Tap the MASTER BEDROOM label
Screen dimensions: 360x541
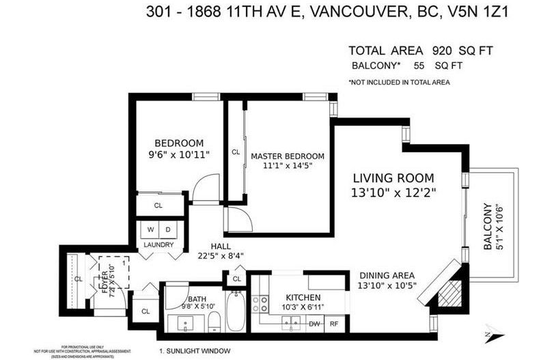tap(287, 156)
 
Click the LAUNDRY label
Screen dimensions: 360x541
tap(158, 245)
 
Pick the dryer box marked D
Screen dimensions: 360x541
tap(168, 230)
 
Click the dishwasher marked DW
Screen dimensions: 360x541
tap(315, 324)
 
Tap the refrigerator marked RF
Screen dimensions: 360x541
tap(335, 324)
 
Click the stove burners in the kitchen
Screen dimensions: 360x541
tap(260, 304)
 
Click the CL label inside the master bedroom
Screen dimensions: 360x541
tap(236, 152)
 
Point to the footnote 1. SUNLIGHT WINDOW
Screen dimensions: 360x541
tap(195, 351)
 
